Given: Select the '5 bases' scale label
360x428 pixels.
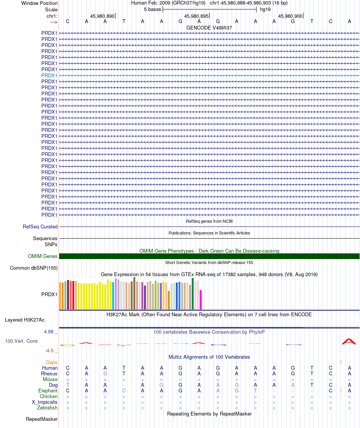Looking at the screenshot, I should (x=152, y=9).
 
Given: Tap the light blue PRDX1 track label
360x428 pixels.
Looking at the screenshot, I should (x=49, y=75).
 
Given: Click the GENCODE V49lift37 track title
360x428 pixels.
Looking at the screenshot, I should (x=209, y=28).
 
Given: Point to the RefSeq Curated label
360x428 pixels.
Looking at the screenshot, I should (x=40, y=226).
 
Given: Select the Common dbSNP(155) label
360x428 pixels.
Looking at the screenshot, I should (x=34, y=268).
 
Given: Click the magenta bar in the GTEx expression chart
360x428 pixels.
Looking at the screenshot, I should (x=201, y=300).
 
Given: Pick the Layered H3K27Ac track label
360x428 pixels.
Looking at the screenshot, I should (x=25, y=320).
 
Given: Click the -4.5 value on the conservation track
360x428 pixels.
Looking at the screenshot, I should (x=50, y=351).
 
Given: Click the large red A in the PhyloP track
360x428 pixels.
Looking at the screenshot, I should (x=349, y=341).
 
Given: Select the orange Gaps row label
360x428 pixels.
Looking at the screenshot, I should (x=52, y=362).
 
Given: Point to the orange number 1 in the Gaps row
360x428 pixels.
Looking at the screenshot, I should (x=341, y=362).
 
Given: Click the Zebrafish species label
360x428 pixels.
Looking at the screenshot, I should (x=47, y=408).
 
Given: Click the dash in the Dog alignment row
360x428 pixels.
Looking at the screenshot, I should (x=124, y=385).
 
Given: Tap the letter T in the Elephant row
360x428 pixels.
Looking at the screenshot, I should (x=256, y=391).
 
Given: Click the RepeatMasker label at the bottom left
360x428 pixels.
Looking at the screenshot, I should (x=42, y=419).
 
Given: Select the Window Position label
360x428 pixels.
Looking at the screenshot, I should (x=39, y=3).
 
